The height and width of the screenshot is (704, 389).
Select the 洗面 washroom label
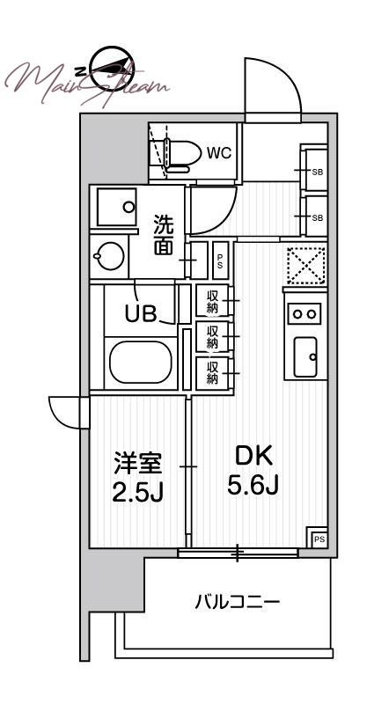coord(165,235)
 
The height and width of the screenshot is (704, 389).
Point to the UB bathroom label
coord(141,315)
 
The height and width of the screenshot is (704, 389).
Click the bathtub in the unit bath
coord(142,361)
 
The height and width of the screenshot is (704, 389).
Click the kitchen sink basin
coord(305,356)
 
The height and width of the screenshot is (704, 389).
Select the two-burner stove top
coord(305,312)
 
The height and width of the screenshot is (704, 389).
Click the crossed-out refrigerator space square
coord(305,266)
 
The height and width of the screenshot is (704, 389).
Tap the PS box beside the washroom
coord(220,260)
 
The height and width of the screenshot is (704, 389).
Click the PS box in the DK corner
coord(319,538)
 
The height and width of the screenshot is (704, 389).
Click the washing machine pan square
coord(116,208)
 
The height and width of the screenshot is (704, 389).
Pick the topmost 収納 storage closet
coord(213,302)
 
